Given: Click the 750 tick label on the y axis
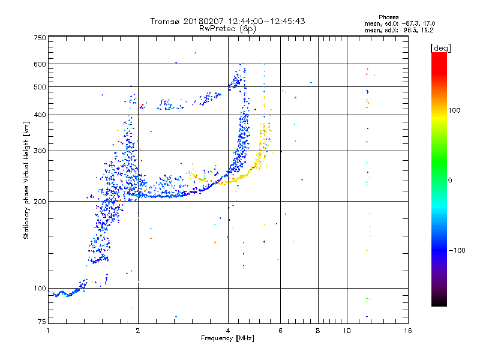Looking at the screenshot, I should point(40,38).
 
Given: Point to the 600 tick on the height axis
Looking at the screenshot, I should point(40,64).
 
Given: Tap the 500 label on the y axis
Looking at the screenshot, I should point(40,86).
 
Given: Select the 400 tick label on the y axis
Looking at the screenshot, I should point(40,115).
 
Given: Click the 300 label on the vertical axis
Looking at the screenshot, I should point(40,151).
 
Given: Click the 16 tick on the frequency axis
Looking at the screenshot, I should point(407,331).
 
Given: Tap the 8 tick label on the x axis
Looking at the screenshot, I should point(318,331).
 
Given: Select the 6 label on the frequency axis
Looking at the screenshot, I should point(280,331).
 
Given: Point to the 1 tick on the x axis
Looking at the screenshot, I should point(49,331).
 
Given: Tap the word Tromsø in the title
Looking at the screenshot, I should point(165,21).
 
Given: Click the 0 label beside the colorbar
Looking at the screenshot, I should point(451,180).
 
